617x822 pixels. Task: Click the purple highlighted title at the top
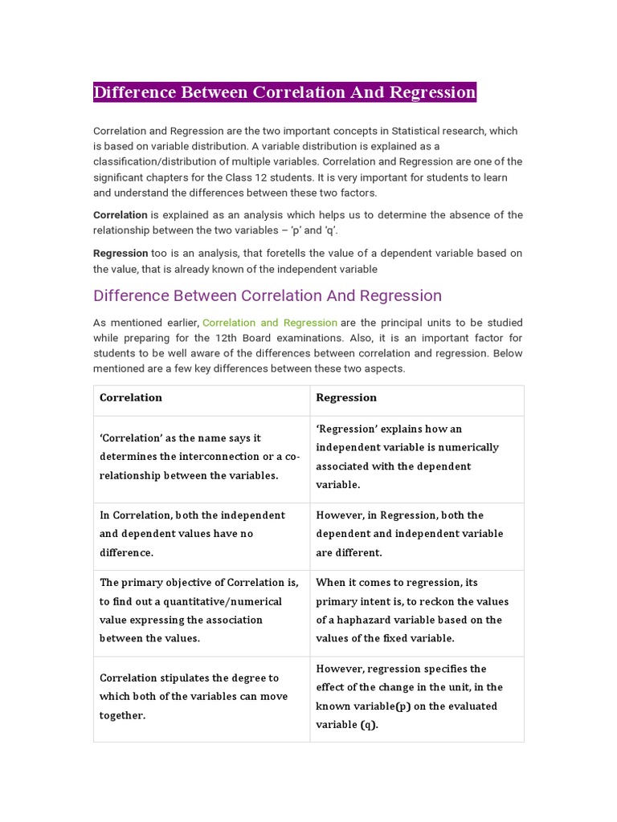click(x=285, y=92)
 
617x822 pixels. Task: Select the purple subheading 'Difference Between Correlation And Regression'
click(x=268, y=295)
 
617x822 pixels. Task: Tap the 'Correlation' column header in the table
click(x=131, y=397)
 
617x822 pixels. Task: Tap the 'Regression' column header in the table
click(x=346, y=397)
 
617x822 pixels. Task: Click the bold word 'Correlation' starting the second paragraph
click(x=121, y=215)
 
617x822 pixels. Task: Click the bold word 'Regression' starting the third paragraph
click(x=121, y=253)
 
